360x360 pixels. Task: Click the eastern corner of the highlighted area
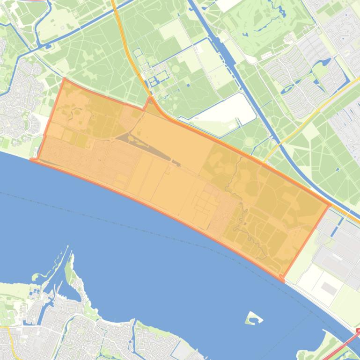pos(330,204)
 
